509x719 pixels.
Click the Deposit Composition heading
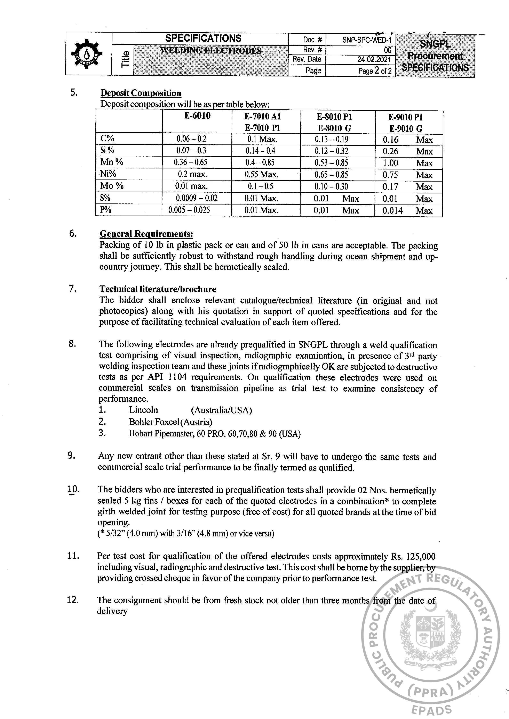point(141,93)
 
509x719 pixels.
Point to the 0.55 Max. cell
point(261,174)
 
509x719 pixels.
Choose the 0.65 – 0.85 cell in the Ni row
point(332,174)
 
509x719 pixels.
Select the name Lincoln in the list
point(143,410)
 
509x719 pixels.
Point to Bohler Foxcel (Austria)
point(170,422)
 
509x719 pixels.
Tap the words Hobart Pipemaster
point(156,434)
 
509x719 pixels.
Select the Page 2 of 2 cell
point(375,71)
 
